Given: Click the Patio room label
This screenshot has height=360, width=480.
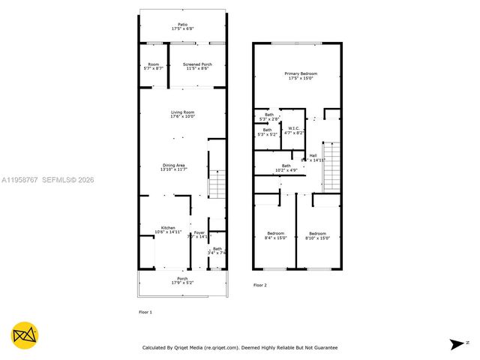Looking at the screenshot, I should click(182, 27).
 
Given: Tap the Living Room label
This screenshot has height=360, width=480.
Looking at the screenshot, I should click(182, 114).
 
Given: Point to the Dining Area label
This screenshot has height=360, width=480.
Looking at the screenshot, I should click(174, 166).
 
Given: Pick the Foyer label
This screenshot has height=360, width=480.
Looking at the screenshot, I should click(199, 234).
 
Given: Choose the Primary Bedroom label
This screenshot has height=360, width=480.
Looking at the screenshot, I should click(300, 76).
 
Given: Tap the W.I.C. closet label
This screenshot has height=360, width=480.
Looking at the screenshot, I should click(294, 130).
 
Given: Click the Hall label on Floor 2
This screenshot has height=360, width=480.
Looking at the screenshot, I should click(312, 157).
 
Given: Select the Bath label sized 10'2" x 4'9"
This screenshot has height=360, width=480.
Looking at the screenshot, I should click(286, 168).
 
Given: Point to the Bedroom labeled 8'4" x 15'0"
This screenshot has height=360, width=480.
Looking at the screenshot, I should click(275, 235).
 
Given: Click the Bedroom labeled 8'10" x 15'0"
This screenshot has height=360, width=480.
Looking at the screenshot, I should click(317, 235).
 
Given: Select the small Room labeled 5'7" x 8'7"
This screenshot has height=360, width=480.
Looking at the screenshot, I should click(153, 67).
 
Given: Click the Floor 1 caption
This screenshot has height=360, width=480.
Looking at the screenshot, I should click(145, 311).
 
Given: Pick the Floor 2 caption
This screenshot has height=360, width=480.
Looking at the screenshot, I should click(259, 285).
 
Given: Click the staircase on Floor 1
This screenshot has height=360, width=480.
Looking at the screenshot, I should click(217, 184).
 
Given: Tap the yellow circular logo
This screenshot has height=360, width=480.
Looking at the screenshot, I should click(25, 335).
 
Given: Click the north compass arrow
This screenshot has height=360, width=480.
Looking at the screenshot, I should click(456, 344).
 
